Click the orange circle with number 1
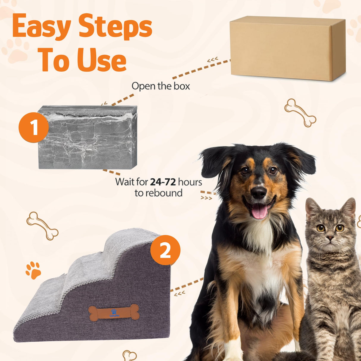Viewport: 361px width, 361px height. [x=33, y=128]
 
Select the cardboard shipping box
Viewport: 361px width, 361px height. [x=287, y=48]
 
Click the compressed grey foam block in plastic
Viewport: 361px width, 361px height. [x=88, y=138]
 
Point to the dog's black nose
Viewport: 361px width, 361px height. [x=258, y=192]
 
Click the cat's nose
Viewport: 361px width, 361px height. [x=330, y=238]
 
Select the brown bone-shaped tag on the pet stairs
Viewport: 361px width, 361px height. [x=114, y=312]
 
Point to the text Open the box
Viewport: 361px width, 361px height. [x=161, y=86]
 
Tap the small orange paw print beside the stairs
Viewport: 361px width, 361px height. [x=33, y=270]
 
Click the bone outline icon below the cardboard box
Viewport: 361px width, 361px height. [x=300, y=113]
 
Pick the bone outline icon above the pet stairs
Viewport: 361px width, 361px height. [x=42, y=226]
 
